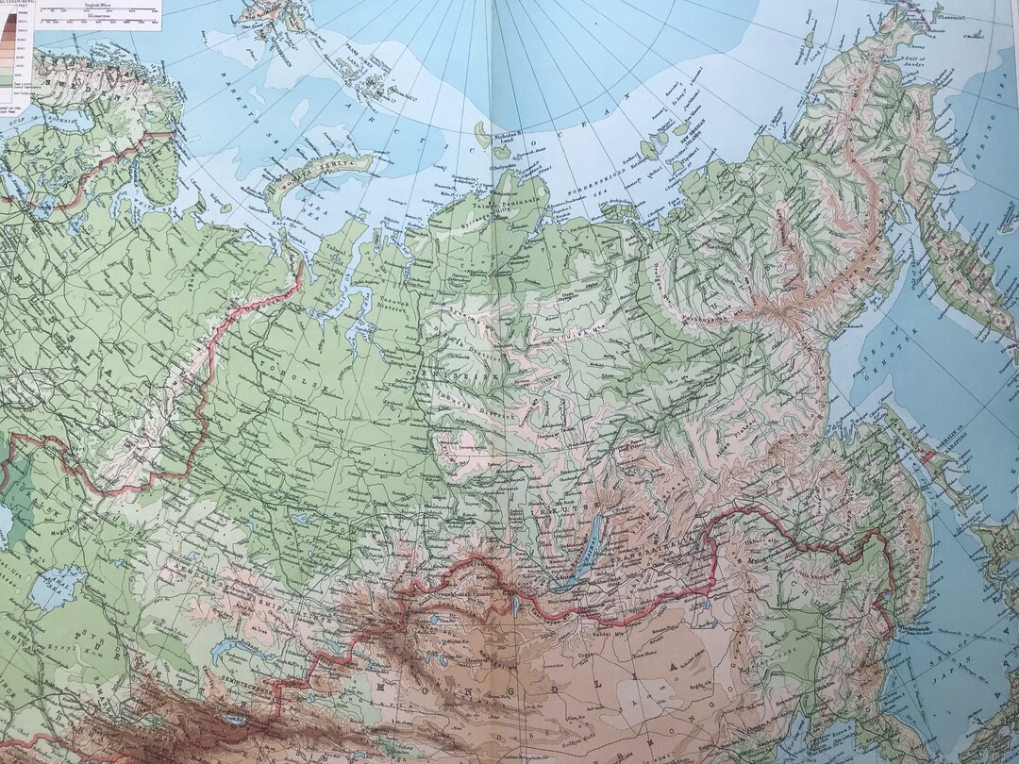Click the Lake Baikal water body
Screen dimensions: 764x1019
pos(576,566)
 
